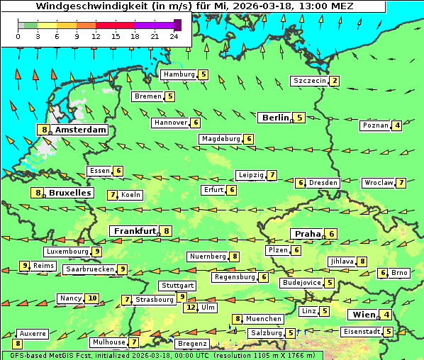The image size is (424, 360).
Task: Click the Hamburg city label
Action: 179,74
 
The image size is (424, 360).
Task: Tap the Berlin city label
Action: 274,118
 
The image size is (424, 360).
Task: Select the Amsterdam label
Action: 80,130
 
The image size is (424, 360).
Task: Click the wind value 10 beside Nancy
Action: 92,298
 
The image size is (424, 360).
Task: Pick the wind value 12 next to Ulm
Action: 190,308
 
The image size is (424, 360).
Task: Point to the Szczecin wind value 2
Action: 334,81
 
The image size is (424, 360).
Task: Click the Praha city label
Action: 308,234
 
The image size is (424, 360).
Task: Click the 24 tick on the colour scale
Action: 174,35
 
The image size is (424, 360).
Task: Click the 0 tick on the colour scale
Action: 18,35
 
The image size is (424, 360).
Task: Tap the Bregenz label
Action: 192,343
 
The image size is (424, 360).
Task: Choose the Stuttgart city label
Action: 177,286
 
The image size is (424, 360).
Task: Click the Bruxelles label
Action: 69,193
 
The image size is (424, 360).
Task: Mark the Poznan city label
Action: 376,125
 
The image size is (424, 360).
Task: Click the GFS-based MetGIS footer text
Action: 43,355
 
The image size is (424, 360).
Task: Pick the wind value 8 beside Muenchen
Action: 238,319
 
